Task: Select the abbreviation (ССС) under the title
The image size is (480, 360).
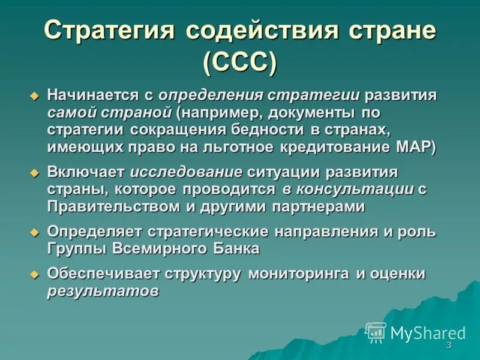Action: coord(240,62)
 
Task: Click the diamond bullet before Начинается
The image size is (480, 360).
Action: coord(35,95)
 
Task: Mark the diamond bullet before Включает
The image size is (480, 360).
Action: coord(35,172)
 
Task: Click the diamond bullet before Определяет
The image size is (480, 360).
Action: coord(35,232)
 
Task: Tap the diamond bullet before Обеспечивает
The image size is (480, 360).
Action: coord(35,274)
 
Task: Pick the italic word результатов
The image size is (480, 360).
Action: coord(103,291)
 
